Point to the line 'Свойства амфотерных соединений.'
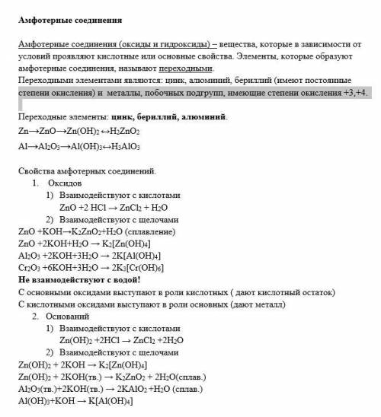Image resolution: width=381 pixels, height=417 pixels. tap(86, 171)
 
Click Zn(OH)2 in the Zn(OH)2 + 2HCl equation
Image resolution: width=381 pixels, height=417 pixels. tap(77, 341)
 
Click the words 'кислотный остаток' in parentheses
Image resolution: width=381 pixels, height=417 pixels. tap(286, 292)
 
